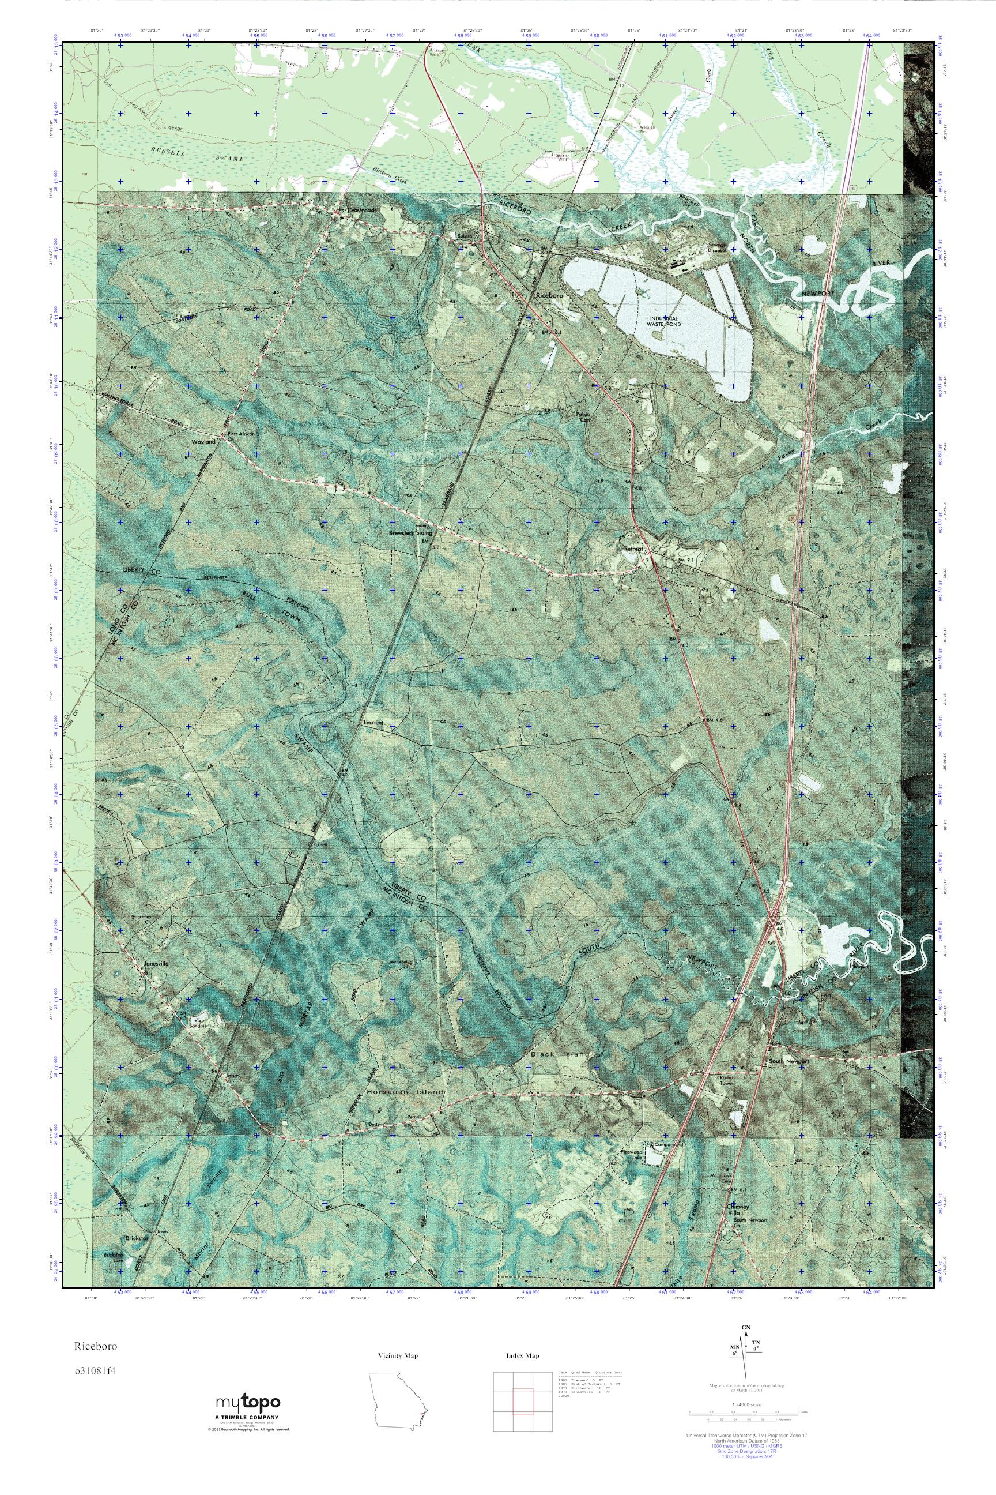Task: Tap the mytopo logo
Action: coord(245,1402)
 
